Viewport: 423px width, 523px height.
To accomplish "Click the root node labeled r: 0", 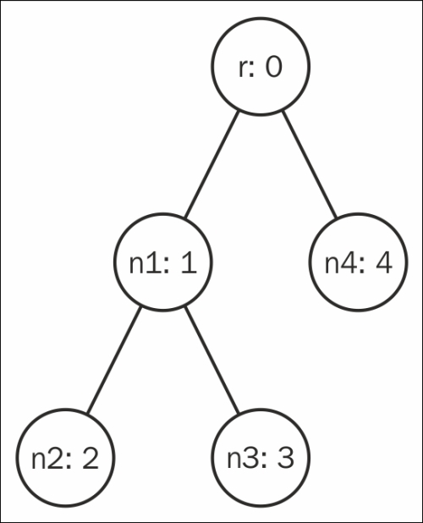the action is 261,67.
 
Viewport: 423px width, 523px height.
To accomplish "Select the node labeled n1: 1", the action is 163,262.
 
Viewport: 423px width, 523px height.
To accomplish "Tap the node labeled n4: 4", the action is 359,262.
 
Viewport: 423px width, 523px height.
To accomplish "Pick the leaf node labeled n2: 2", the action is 66,458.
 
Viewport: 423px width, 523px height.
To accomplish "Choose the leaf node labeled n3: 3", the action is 261,458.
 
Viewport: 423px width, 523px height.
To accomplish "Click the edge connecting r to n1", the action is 212,164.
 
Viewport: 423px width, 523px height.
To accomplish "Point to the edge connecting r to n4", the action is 310,164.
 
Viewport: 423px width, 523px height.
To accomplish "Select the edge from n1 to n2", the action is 114,360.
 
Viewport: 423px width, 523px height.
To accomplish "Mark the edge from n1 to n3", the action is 212,360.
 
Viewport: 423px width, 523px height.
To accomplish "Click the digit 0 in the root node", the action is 273,67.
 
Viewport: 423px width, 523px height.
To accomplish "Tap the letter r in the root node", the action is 243,69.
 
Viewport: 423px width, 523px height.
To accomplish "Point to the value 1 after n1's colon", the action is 190,263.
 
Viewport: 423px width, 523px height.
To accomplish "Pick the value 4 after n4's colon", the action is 384,263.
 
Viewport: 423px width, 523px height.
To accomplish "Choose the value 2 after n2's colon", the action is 91,458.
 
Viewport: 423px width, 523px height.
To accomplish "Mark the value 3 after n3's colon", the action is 286,459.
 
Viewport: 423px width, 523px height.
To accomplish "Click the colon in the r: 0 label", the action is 251,69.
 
